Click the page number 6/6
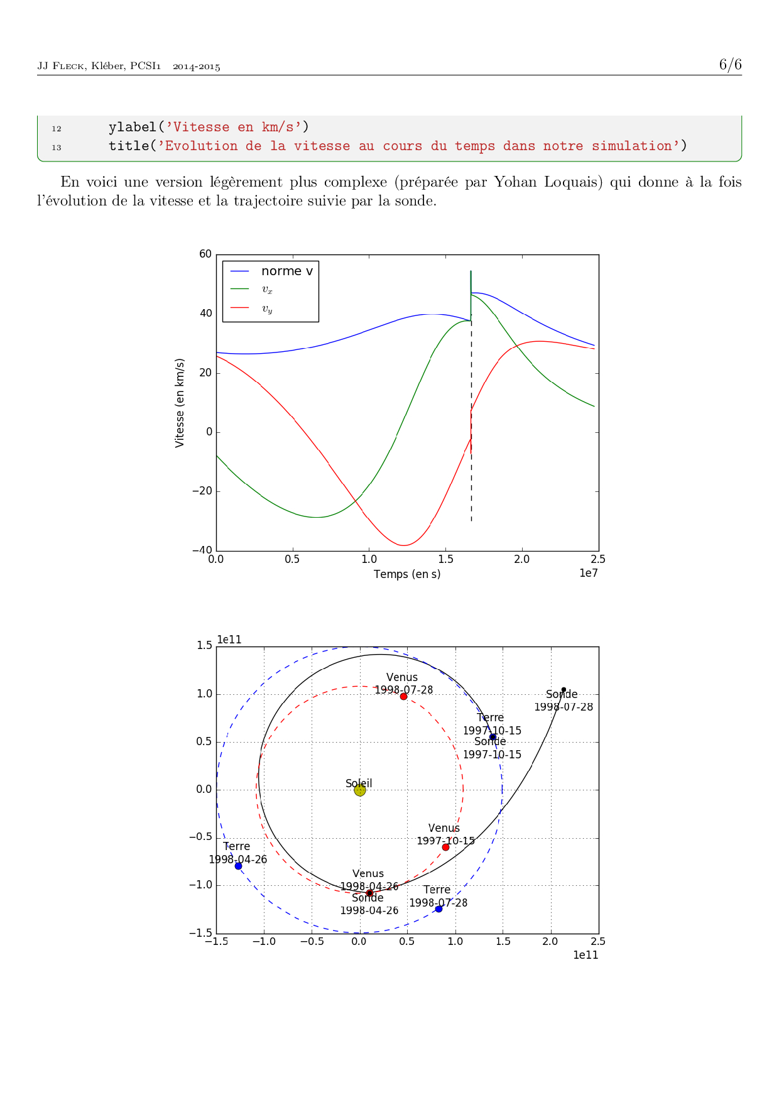tap(730, 65)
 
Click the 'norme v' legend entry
tap(286, 271)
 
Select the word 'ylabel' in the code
tap(132, 128)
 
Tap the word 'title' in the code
tap(128, 146)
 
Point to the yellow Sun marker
tap(359, 790)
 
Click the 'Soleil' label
tap(359, 783)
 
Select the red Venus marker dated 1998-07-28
tap(403, 696)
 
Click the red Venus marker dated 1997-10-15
tap(445, 847)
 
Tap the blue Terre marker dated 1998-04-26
tap(238, 866)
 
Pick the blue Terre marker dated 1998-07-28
tap(439, 908)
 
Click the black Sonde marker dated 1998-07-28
tap(564, 689)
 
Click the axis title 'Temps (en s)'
tap(407, 574)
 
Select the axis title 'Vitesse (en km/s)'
tap(180, 403)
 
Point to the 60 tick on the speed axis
tap(205, 254)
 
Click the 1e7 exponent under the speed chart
tap(588, 573)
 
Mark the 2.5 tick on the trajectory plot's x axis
tap(598, 941)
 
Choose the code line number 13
tap(57, 147)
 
